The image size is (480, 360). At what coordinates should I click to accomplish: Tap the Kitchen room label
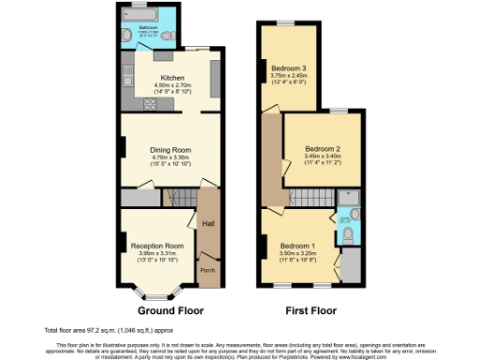pyautogui.click(x=172, y=78)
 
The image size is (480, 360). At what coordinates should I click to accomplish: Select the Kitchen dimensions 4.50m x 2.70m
pyautogui.click(x=172, y=85)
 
